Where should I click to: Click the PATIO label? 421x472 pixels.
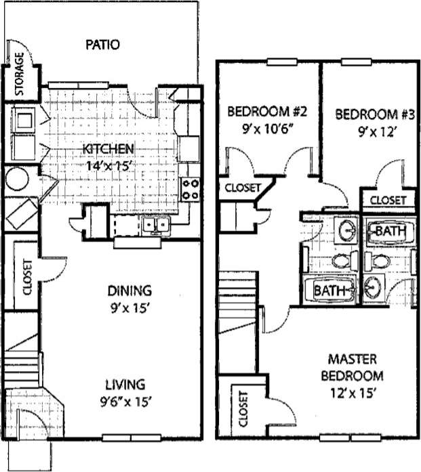click(x=103, y=45)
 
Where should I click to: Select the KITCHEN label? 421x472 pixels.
click(x=108, y=149)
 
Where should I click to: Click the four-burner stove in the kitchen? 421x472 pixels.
click(x=191, y=188)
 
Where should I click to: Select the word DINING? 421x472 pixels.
click(x=129, y=291)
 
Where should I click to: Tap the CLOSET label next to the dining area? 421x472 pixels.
click(x=28, y=278)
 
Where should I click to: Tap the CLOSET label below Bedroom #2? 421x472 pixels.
click(x=242, y=188)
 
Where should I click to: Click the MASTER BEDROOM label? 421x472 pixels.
click(x=355, y=367)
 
